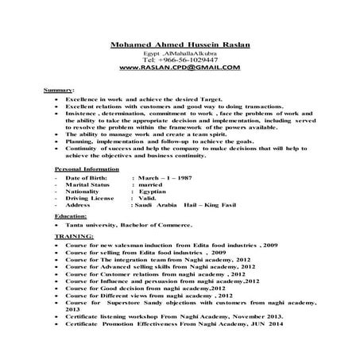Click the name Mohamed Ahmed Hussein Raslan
point(179,45)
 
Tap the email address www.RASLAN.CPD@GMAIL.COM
point(180,68)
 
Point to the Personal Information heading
point(83,170)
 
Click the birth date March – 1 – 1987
point(163,179)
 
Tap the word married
point(150,186)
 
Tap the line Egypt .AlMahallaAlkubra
point(179,53)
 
